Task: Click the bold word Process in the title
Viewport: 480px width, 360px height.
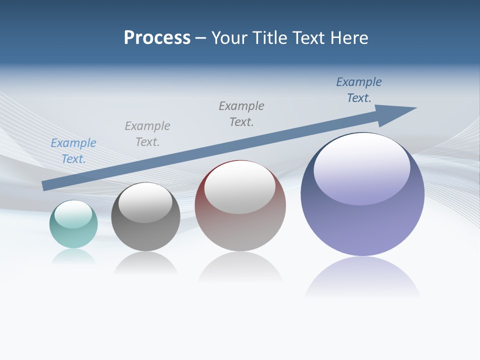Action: (157, 38)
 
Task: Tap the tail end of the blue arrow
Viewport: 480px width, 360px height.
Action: (46, 185)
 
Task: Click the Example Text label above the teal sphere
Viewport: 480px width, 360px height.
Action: (73, 151)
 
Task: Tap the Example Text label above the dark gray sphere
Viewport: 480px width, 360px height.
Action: (147, 134)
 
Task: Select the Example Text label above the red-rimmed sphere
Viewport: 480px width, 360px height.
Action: (241, 114)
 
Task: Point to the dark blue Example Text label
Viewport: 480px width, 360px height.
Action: (359, 90)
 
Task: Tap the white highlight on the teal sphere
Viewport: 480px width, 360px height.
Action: (73, 214)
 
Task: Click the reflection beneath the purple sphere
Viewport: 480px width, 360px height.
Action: (362, 277)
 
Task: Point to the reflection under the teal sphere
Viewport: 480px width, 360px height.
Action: (73, 256)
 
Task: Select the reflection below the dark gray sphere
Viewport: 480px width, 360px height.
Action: (145, 263)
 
